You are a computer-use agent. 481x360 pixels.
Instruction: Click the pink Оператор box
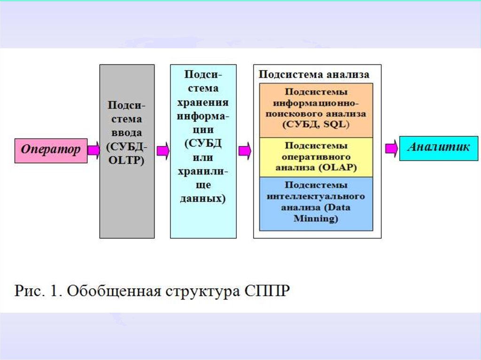pyautogui.click(x=51, y=150)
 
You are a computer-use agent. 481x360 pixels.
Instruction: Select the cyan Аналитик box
pyautogui.click(x=438, y=148)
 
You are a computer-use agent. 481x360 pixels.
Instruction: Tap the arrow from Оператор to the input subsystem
pyautogui.click(x=93, y=150)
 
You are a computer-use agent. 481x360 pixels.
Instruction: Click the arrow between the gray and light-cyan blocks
pyautogui.click(x=163, y=151)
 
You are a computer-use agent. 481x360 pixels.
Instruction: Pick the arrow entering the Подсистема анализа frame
pyautogui.click(x=245, y=151)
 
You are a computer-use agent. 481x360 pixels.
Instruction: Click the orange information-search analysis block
pyautogui.click(x=316, y=110)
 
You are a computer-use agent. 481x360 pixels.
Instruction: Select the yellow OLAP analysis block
pyautogui.click(x=316, y=157)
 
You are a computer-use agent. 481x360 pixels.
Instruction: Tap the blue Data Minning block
pyautogui.click(x=316, y=203)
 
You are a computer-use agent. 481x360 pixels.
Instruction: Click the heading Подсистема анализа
pyautogui.click(x=314, y=75)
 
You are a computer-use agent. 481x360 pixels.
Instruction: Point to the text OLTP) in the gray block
pyautogui.click(x=126, y=160)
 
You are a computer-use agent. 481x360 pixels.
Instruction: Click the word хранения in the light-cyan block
pyautogui.click(x=203, y=102)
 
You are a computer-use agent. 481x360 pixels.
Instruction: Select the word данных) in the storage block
pyautogui.click(x=203, y=198)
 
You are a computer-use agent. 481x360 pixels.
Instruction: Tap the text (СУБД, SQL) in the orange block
pyautogui.click(x=316, y=125)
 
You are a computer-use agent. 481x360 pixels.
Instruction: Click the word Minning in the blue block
pyautogui.click(x=316, y=219)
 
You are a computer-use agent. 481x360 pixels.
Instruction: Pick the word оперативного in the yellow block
pyautogui.click(x=316, y=156)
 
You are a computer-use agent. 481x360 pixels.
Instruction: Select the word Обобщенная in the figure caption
pyautogui.click(x=113, y=291)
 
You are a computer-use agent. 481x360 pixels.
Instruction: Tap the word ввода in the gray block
pyautogui.click(x=126, y=133)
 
